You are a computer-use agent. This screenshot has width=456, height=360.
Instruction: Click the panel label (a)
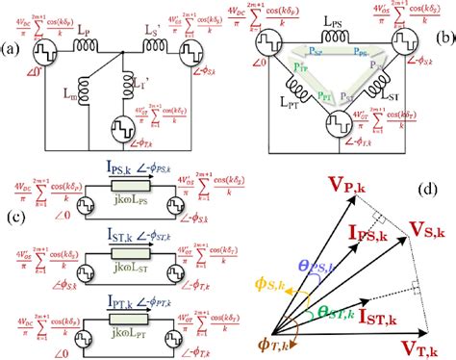pos(13,48)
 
